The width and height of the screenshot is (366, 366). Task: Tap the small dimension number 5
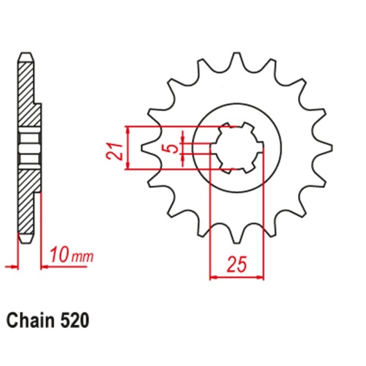click(171, 149)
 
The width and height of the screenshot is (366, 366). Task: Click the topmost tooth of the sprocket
click(236, 60)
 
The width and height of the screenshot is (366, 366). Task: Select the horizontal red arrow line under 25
click(236, 277)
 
